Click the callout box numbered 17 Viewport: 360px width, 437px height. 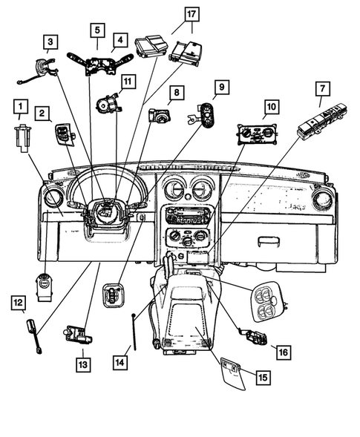pyautogui.click(x=192, y=14)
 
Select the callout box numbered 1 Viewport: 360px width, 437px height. pyautogui.click(x=21, y=106)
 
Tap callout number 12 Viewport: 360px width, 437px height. pyautogui.click(x=19, y=303)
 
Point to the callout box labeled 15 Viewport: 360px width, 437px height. pyautogui.click(x=264, y=378)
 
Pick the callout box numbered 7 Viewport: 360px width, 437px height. pyautogui.click(x=323, y=88)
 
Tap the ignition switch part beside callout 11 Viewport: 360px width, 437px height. pyautogui.click(x=108, y=102)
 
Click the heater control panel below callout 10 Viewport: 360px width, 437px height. pyautogui.click(x=258, y=134)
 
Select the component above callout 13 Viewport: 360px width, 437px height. pyautogui.click(x=78, y=334)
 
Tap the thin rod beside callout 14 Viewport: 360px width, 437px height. pyautogui.click(x=134, y=332)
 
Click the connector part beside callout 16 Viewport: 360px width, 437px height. pyautogui.click(x=253, y=336)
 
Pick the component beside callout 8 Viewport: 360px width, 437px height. pyautogui.click(x=160, y=116)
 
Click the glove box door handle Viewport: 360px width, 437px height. pyautogui.click(x=269, y=240)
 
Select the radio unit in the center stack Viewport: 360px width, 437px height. pyautogui.click(x=186, y=215)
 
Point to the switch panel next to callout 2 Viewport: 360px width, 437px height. pyautogui.click(x=66, y=134)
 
